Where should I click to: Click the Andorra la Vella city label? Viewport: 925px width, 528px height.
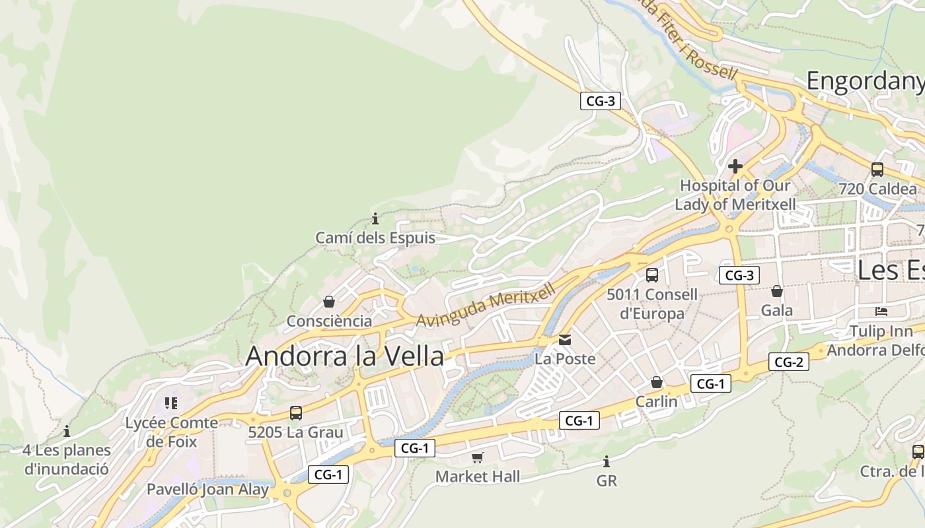coord(344,356)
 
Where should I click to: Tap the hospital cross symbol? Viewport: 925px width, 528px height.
coord(735,166)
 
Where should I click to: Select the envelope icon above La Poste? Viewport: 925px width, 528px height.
coord(565,340)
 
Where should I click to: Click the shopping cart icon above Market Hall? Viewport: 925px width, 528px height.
coord(478,457)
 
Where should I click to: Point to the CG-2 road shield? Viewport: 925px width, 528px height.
coord(788,362)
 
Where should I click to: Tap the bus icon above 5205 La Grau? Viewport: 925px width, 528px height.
coord(296,413)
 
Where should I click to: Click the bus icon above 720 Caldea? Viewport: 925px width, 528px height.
coord(877,169)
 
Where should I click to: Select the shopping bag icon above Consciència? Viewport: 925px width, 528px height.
coord(328,302)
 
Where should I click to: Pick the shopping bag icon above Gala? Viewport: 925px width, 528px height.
coord(777,290)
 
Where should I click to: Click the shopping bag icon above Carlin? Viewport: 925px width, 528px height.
coord(657,382)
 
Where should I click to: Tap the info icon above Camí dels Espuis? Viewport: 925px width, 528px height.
coord(375,218)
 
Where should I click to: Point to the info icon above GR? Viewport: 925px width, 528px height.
coord(607,461)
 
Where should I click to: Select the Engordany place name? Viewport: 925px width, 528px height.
coord(865,81)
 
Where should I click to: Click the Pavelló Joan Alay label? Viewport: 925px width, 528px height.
coord(207,490)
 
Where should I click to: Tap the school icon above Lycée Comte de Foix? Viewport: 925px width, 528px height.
coord(171,403)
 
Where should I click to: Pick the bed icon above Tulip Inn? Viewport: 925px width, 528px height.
coord(881,311)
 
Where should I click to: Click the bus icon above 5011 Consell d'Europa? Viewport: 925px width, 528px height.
coord(652,275)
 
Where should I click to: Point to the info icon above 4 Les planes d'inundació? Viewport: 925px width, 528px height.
coord(67,432)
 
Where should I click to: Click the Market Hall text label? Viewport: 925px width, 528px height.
coord(478,477)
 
